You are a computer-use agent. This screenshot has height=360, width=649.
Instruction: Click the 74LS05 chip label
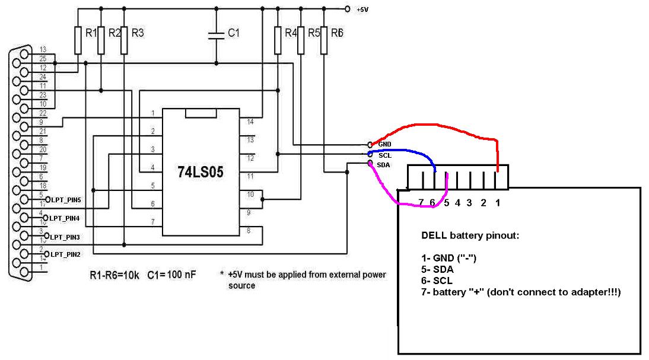201,172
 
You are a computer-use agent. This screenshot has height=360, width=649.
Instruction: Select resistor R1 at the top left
77,40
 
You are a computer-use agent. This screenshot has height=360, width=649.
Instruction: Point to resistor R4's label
291,33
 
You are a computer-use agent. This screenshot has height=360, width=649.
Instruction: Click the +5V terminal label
362,10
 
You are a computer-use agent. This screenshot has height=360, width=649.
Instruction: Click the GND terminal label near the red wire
384,144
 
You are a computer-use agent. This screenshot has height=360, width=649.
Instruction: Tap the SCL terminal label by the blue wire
384,155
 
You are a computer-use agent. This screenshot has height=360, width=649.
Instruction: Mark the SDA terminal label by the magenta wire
383,165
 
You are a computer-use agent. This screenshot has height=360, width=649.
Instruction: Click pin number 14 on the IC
250,122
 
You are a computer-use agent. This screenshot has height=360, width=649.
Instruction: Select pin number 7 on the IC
152,222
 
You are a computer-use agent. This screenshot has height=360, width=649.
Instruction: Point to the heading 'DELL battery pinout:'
470,235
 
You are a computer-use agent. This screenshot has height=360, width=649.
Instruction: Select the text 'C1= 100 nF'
173,275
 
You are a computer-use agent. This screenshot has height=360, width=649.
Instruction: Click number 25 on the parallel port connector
42,58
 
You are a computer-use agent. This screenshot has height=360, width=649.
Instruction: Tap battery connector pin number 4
457,203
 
